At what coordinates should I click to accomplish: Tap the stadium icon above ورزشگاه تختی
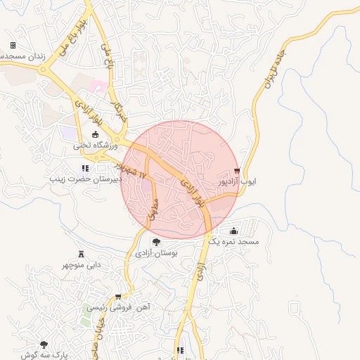pos(96,135)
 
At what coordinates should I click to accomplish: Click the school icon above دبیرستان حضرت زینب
pos(85,168)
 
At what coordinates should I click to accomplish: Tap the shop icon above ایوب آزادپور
pos(237,171)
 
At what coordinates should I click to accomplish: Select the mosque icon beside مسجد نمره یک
pos(233,231)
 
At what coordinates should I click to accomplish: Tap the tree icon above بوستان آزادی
pos(156,242)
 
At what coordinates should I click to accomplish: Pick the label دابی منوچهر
pos(80,265)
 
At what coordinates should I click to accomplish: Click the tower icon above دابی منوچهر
pos(80,253)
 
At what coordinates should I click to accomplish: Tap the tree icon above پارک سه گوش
pos(44,345)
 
